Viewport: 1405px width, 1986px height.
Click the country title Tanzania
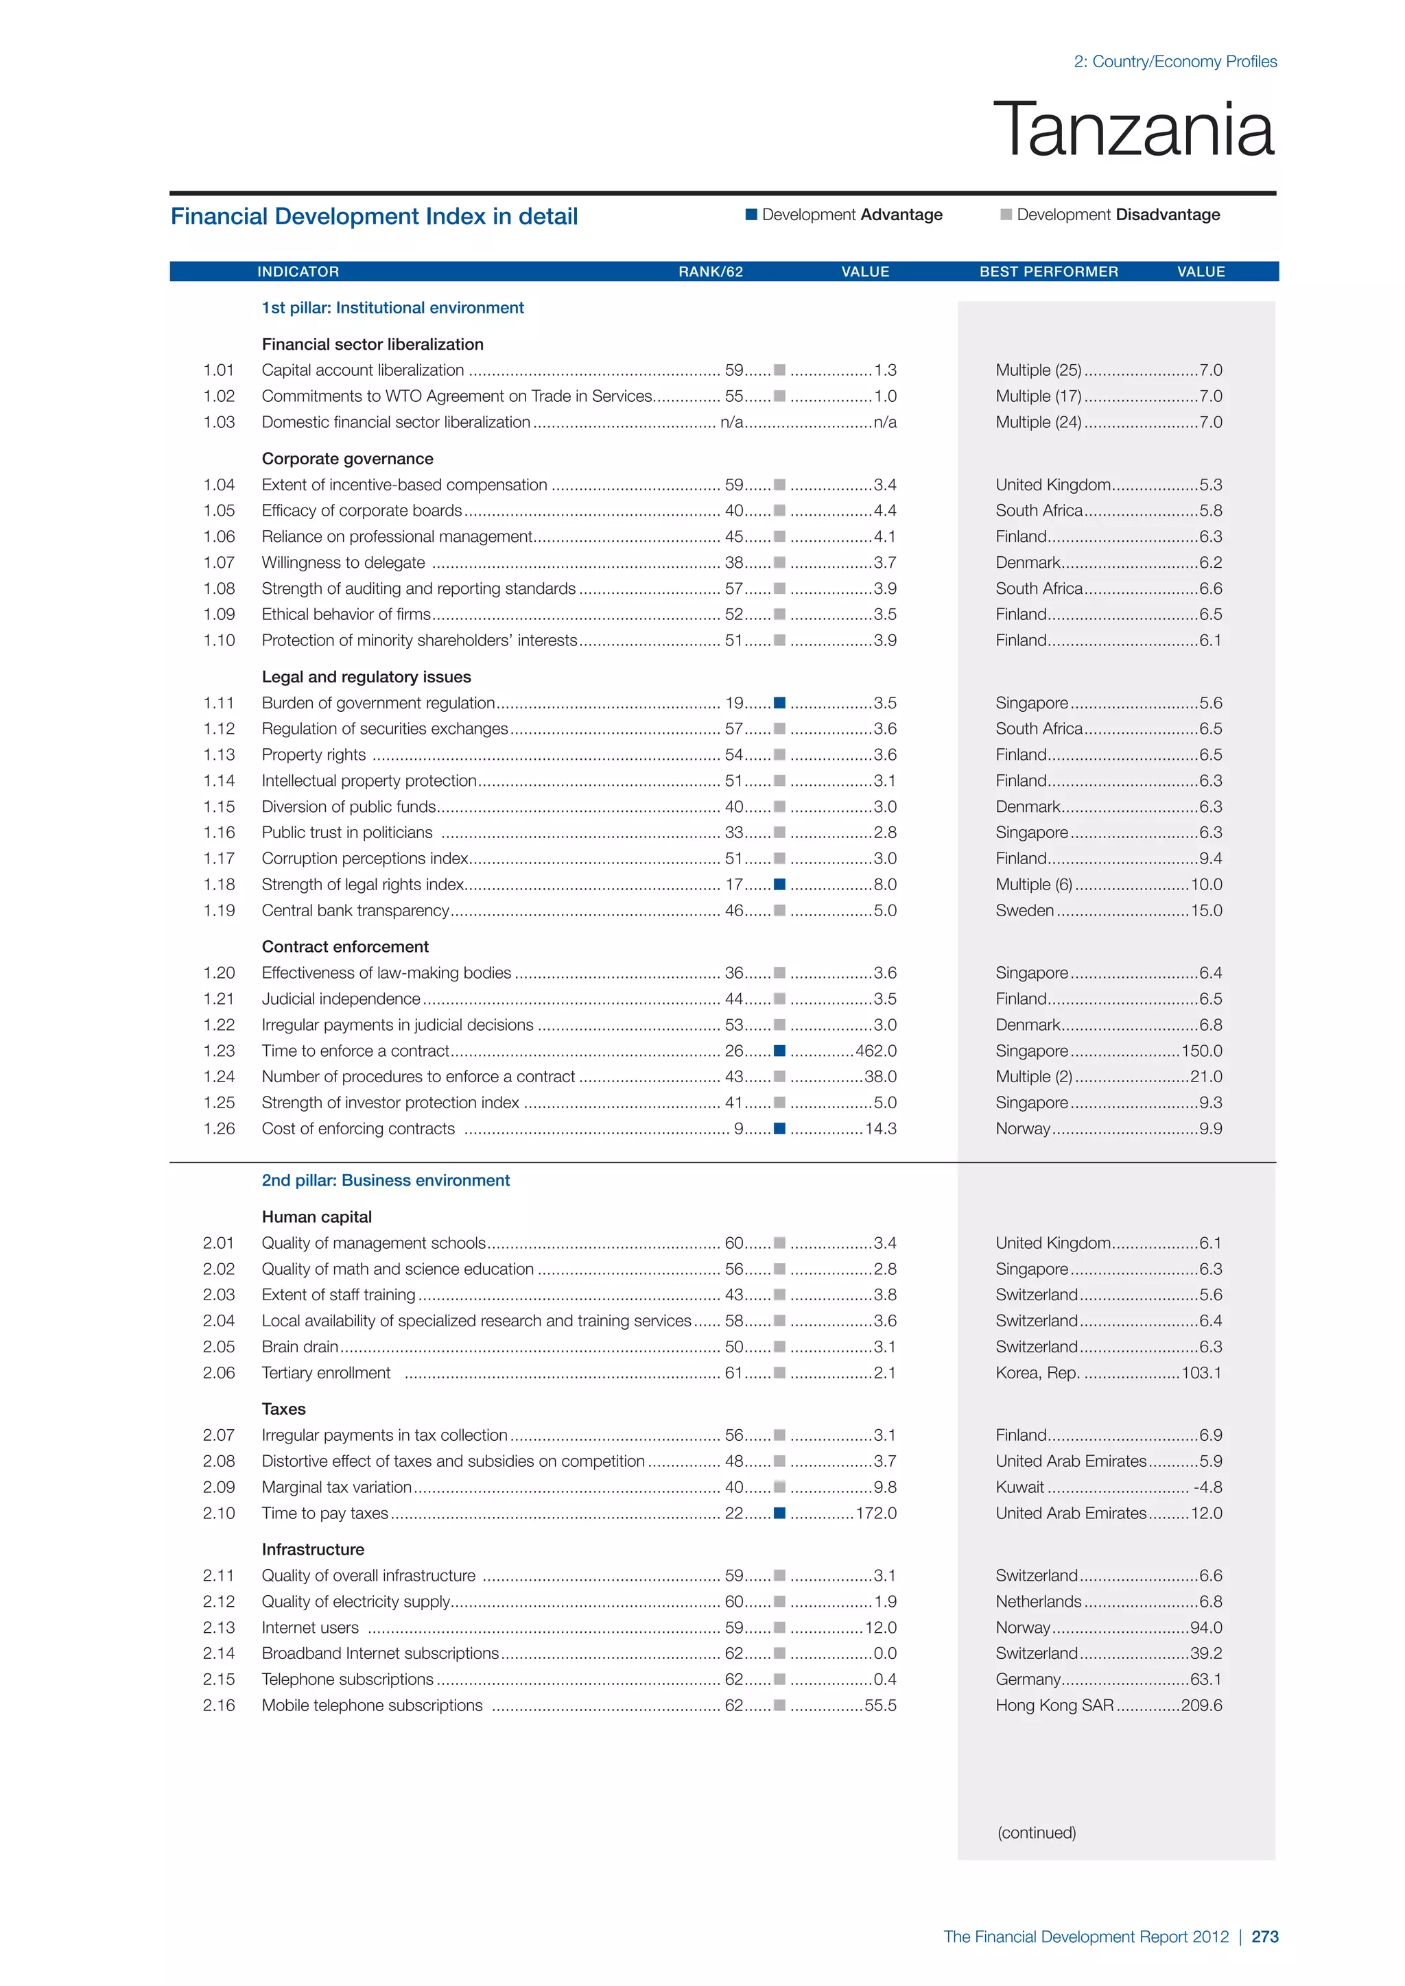click(x=1133, y=130)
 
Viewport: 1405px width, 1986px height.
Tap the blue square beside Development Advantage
click(x=751, y=215)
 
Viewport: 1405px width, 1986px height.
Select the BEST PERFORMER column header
click(x=1048, y=272)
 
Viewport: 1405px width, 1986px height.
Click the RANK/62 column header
click(x=710, y=272)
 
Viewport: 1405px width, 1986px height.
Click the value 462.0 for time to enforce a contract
click(x=875, y=1051)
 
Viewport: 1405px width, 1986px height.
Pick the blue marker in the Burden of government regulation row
click(x=779, y=702)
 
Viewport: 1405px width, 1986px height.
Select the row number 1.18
click(x=219, y=885)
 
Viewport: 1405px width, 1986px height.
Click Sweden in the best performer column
click(x=1024, y=911)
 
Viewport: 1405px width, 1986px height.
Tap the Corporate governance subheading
click(x=347, y=459)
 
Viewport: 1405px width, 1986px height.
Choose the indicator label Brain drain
click(x=299, y=1347)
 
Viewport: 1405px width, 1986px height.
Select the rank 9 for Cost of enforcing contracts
click(x=739, y=1129)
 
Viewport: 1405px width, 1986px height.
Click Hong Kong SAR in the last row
click(x=1054, y=1706)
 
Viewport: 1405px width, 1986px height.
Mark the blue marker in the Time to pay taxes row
click(x=779, y=1513)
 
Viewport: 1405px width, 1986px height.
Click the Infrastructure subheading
click(x=312, y=1550)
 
